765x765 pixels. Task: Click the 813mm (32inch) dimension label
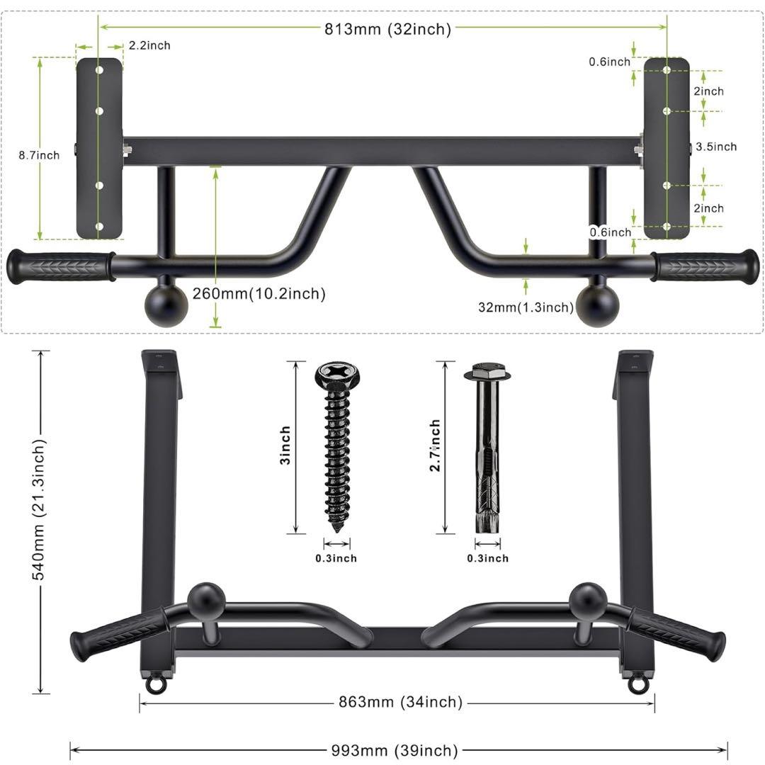[388, 29]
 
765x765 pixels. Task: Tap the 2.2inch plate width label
[149, 45]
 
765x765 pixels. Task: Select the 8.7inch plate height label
[39, 155]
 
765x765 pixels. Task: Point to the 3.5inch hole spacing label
[716, 147]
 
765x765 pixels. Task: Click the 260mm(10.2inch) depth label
[259, 294]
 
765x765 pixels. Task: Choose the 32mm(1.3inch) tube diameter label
[526, 307]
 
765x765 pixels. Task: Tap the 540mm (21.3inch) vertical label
[38, 510]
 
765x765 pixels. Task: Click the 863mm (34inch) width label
[400, 702]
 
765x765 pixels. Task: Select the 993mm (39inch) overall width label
[395, 750]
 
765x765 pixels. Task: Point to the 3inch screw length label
[285, 445]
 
